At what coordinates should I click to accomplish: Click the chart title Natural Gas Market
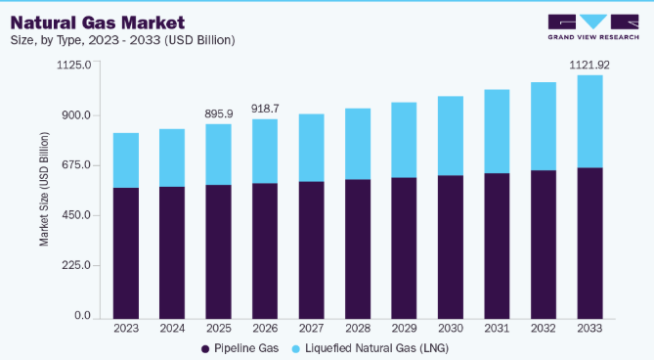(98, 22)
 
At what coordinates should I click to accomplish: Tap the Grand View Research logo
(593, 27)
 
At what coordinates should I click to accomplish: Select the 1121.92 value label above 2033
(589, 66)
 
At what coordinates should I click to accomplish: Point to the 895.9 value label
(219, 113)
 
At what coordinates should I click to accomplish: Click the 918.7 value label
(265, 109)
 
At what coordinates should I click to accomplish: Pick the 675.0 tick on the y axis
(76, 165)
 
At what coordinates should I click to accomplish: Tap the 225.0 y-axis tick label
(76, 265)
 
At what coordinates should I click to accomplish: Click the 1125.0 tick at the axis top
(74, 66)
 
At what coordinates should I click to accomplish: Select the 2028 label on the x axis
(358, 329)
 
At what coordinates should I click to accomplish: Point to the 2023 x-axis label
(126, 329)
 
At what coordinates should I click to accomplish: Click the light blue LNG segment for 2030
(451, 136)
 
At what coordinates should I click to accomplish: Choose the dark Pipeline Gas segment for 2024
(172, 252)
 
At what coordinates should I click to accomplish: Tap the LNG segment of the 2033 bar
(589, 122)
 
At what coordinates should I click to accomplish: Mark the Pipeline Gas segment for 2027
(311, 250)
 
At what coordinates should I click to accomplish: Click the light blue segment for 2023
(126, 160)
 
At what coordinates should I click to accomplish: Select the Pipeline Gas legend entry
(240, 348)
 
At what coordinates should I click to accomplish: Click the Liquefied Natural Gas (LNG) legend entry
(371, 348)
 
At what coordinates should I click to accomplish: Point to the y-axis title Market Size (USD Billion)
(44, 189)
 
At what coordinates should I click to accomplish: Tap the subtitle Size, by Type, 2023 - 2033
(122, 40)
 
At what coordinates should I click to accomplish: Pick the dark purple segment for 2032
(544, 245)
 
